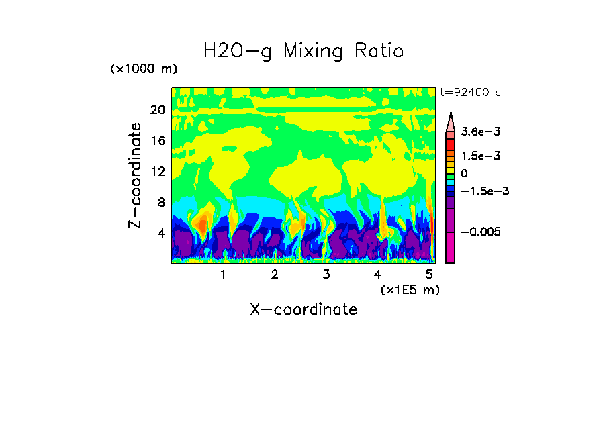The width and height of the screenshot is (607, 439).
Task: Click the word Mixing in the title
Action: tap(310, 52)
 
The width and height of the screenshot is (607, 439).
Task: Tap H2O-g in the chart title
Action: tap(238, 52)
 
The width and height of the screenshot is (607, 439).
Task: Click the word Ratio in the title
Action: tap(379, 50)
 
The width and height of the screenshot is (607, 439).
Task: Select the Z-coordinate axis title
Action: tap(136, 175)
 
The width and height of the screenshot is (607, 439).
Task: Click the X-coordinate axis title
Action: tap(303, 309)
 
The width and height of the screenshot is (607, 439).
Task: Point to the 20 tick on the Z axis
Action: tap(158, 111)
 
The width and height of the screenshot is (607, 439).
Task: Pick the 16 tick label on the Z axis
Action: tap(158, 141)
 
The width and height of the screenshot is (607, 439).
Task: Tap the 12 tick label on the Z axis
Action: tap(158, 172)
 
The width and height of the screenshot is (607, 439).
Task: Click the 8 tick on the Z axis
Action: tap(161, 203)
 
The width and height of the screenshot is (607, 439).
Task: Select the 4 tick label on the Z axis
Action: tap(161, 234)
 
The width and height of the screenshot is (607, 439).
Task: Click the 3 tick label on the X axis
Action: tap(326, 275)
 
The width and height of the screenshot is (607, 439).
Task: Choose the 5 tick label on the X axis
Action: tap(429, 275)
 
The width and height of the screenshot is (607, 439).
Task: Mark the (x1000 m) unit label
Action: tap(144, 69)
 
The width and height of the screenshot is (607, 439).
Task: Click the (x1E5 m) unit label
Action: tap(410, 290)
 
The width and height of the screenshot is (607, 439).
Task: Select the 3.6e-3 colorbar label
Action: tap(477, 134)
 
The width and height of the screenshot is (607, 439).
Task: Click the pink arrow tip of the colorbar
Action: tap(451, 121)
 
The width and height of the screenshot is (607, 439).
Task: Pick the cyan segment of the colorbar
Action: tap(451, 181)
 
